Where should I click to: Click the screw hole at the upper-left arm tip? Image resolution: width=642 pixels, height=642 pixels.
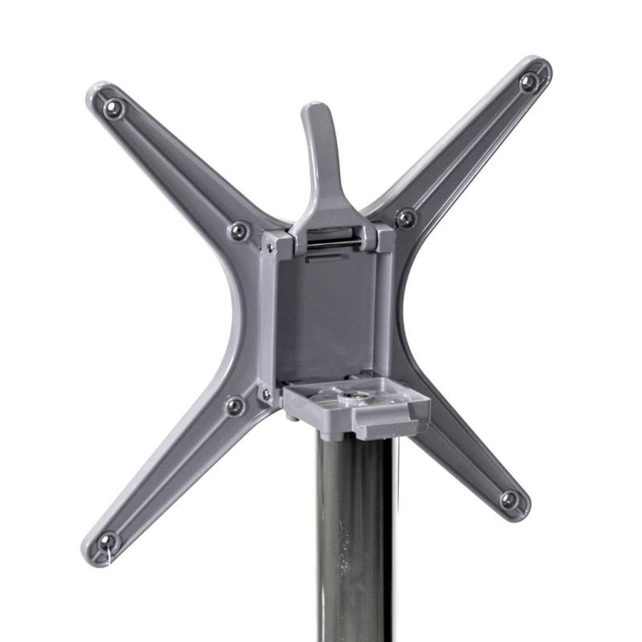point(114,105)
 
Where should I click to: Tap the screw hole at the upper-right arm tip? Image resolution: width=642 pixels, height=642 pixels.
point(529,81)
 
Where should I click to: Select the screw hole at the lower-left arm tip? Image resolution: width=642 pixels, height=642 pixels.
point(108,539)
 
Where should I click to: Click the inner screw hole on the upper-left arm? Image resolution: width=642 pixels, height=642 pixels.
point(238,231)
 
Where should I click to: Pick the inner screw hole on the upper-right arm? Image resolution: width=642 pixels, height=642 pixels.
point(407,217)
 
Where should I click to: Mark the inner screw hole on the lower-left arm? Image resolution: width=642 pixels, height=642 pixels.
point(234,406)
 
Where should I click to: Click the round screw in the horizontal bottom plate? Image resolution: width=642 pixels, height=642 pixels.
point(351,396)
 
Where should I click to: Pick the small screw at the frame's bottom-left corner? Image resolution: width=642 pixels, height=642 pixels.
point(264,394)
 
